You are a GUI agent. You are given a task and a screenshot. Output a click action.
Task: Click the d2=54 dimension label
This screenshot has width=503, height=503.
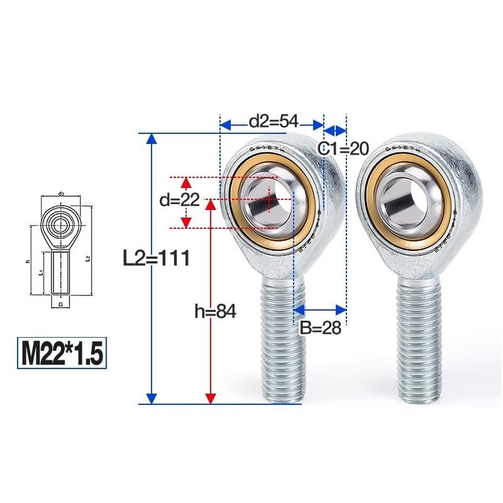(272, 121)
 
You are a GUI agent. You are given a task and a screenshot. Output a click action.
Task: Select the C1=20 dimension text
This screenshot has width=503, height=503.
(341, 148)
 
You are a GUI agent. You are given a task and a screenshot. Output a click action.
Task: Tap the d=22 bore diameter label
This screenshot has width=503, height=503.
(179, 201)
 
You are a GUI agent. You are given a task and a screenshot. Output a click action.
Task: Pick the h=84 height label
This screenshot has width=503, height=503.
(215, 311)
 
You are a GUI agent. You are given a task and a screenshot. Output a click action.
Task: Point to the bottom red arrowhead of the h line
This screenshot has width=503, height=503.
(211, 397)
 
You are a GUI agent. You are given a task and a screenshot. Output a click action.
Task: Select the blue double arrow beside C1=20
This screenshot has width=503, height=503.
(334, 130)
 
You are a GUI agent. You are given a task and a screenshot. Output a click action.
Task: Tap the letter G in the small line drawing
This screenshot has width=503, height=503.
(60, 303)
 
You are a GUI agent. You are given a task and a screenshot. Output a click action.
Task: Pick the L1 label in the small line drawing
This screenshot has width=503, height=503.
(40, 273)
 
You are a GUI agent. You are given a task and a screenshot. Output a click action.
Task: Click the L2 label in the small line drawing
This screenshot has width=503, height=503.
(87, 258)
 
